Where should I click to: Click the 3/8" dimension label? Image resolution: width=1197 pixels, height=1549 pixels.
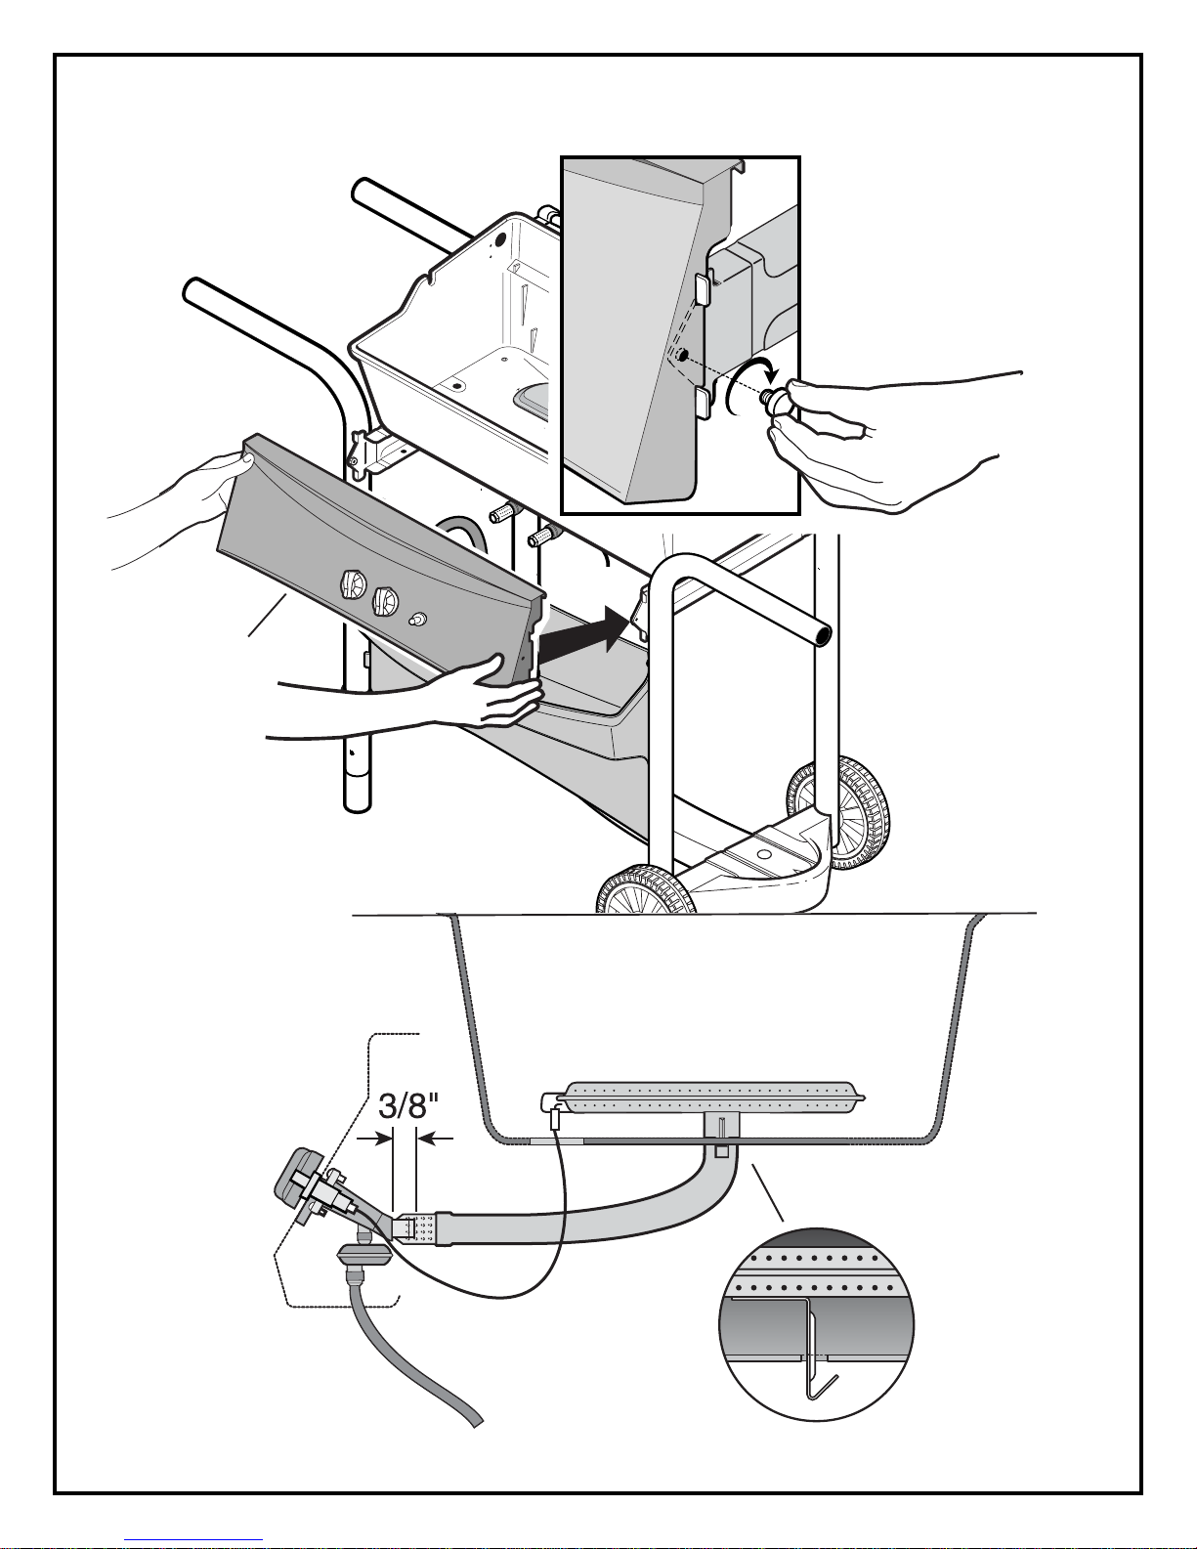pos(407,1105)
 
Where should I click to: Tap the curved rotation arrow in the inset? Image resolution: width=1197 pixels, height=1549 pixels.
pos(748,385)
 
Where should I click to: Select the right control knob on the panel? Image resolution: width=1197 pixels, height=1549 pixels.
pos(385,600)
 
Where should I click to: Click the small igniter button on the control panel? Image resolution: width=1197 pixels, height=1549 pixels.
pos(417,619)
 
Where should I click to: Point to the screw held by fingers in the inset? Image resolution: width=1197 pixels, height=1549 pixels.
pos(776,399)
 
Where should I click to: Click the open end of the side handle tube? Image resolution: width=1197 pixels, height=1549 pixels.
pos(823,634)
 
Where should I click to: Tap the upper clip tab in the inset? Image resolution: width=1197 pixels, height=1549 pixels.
pos(704,288)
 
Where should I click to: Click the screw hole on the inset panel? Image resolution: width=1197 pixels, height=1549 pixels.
pos(682,355)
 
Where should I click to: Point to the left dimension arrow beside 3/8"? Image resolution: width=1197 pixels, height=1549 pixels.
pos(374,1140)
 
